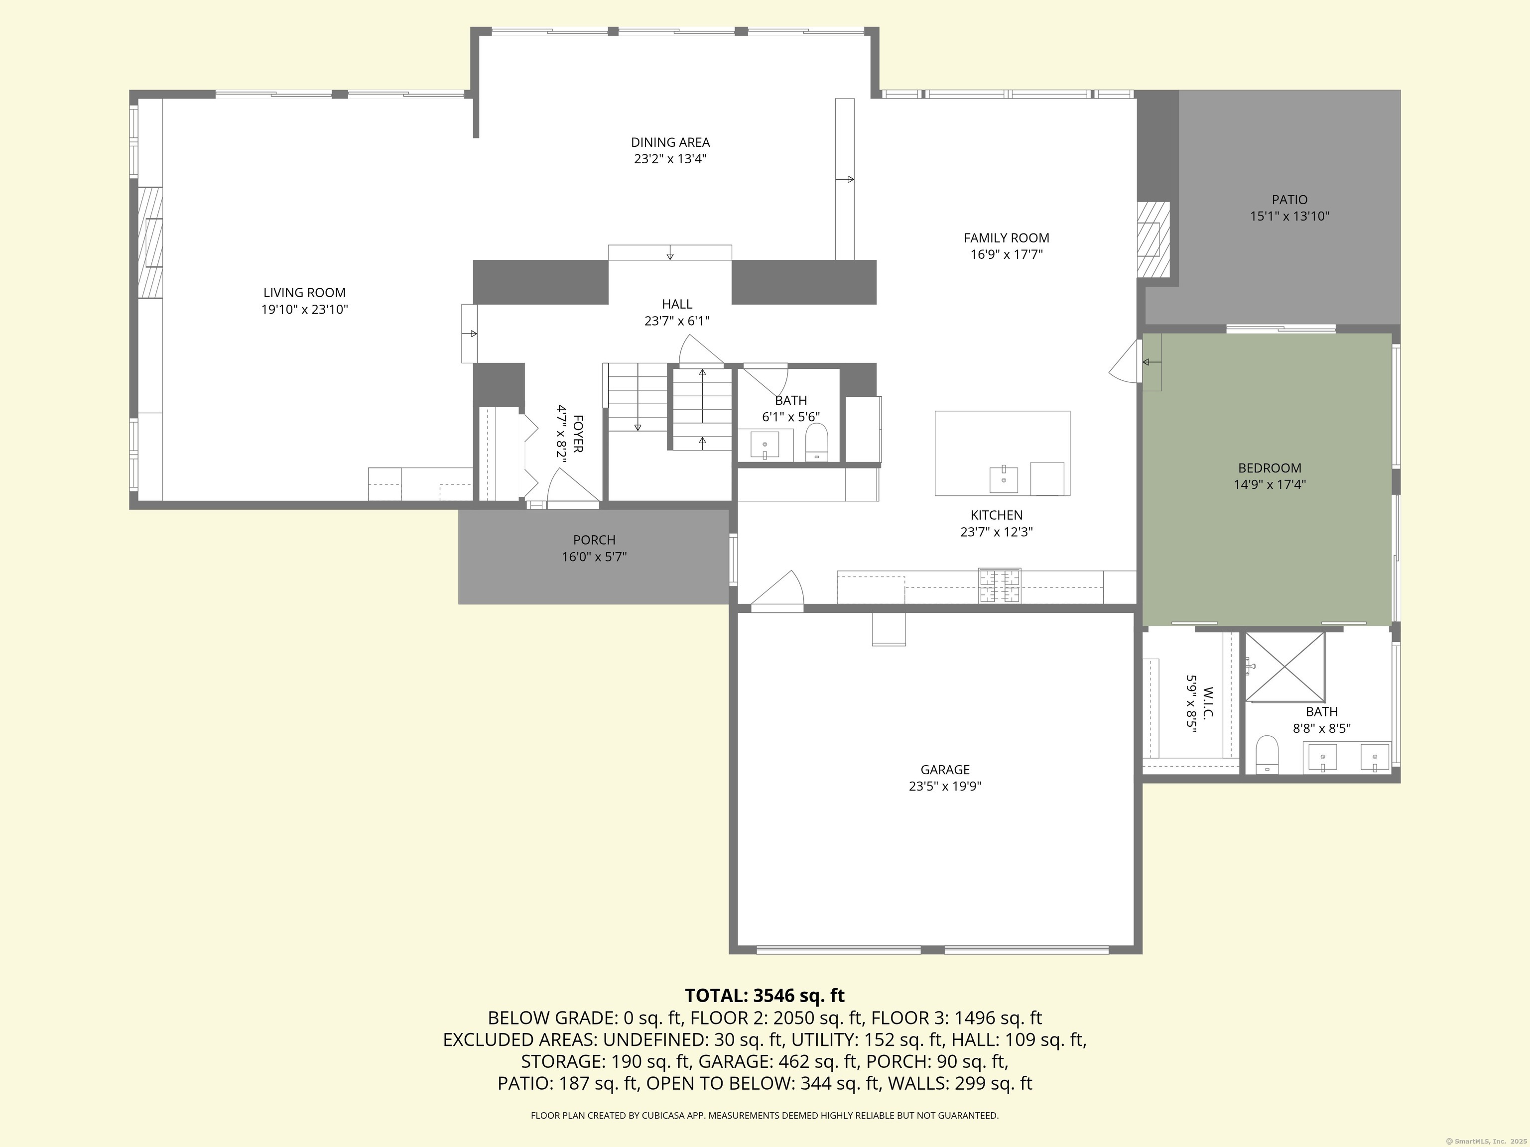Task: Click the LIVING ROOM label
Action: pos(304,292)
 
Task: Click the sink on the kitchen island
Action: pos(1003,478)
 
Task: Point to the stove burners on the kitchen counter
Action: pos(999,585)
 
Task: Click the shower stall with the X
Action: pos(1284,667)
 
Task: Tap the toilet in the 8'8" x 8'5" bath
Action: pos(1267,754)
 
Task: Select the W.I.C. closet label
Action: pos(1208,703)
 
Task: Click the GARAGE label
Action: pos(945,770)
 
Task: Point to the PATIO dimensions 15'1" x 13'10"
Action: pos(1289,217)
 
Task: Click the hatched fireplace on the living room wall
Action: pos(150,242)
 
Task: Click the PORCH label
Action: pos(594,540)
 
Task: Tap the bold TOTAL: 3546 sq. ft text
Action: pos(765,996)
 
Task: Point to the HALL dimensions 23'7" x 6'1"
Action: pos(676,321)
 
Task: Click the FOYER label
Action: pos(578,434)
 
